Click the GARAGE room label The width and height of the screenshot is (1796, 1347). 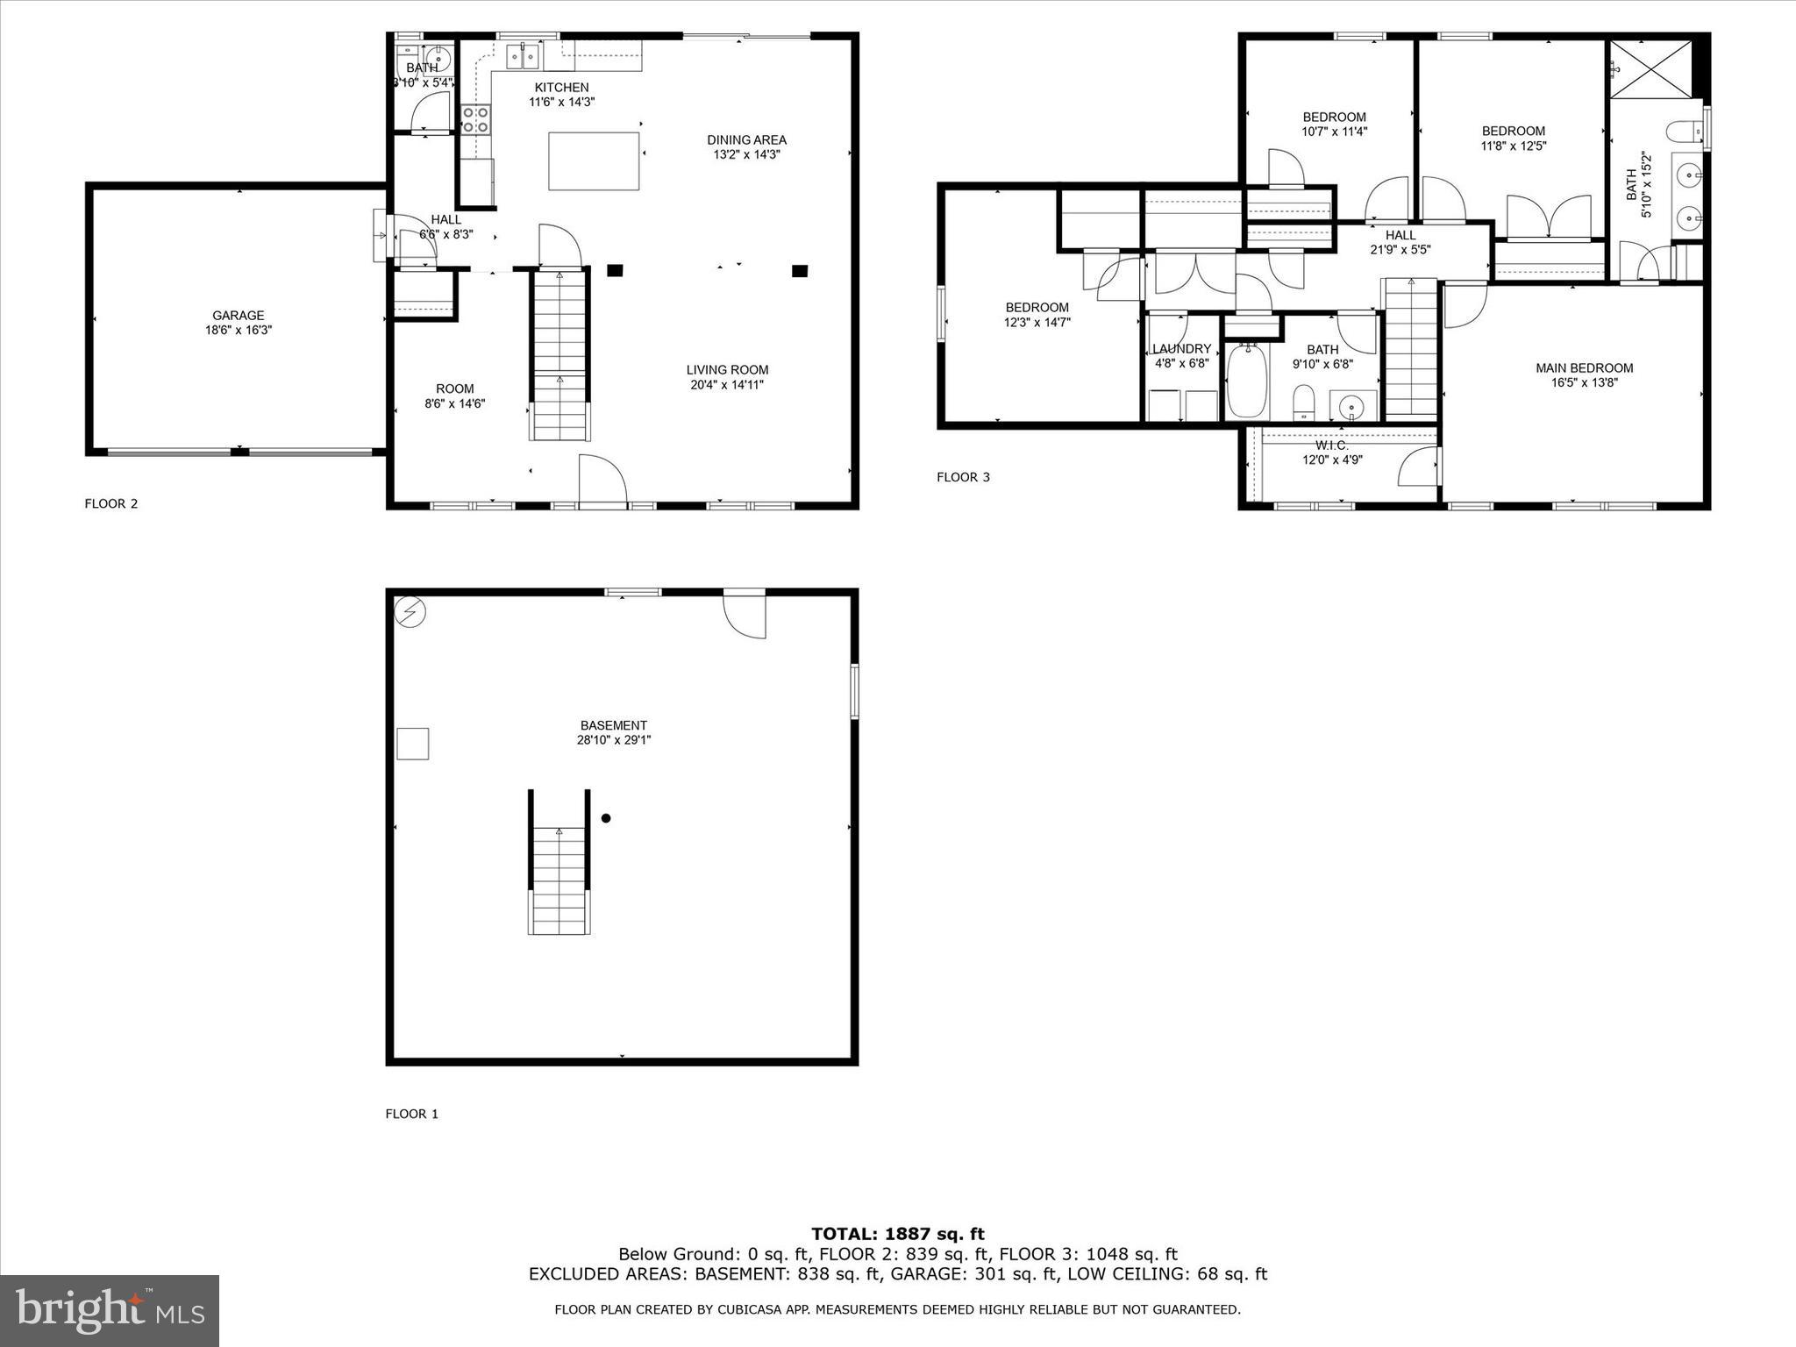[x=238, y=316]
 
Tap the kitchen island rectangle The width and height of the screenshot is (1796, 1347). [x=594, y=161]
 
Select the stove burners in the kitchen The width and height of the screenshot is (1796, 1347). [x=475, y=119]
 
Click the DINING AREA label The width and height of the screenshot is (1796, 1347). [x=746, y=139]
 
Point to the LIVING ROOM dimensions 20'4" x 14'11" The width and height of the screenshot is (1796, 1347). [x=727, y=384]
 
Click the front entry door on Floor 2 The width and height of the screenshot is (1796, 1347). [x=602, y=481]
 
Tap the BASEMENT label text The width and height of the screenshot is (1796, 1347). [x=613, y=725]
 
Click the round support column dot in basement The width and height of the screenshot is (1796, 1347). [x=605, y=818]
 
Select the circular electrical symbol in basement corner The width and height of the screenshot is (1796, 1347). [x=410, y=612]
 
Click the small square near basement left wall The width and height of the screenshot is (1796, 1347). [x=412, y=744]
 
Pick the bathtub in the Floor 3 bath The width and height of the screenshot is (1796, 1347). [x=1245, y=381]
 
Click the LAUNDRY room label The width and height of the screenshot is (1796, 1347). [x=1181, y=348]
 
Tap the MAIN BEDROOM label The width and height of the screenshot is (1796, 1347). [x=1584, y=368]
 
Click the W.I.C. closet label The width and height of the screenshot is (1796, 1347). [x=1331, y=445]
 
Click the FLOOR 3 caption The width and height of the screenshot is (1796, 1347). [x=963, y=477]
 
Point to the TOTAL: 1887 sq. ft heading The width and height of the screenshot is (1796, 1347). [x=897, y=1235]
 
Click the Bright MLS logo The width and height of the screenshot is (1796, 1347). [x=110, y=1310]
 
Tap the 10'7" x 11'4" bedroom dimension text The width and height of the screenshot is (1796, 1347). [x=1334, y=132]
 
